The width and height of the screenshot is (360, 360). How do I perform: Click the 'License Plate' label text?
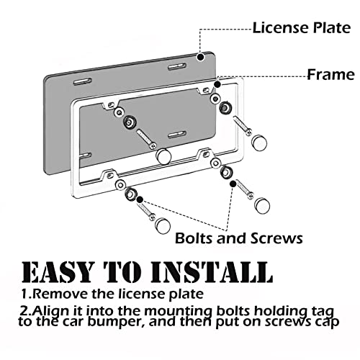coord(302,27)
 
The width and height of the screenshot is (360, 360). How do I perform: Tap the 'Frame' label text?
coord(331,74)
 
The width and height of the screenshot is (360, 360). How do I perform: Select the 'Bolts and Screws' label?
coord(239,238)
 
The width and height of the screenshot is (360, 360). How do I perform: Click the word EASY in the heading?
coord(57,272)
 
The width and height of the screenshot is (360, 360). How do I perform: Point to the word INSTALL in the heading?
coord(212,272)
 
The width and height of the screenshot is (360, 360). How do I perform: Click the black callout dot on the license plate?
coord(200,57)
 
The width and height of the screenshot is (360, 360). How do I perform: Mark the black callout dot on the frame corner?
coord(217,84)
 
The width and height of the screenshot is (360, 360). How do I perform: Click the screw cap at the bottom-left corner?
coord(163,225)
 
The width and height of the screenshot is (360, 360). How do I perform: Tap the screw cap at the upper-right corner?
coord(259,143)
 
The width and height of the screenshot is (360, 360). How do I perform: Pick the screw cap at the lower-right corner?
coord(262,205)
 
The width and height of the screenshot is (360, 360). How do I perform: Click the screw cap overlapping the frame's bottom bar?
coord(163,156)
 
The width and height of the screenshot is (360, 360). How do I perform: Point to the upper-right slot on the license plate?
coord(177,67)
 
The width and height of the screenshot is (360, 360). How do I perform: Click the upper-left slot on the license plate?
coord(83,81)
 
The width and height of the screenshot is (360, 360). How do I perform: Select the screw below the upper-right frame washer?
coord(243,126)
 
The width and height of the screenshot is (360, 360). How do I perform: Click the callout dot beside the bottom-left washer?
coord(140,199)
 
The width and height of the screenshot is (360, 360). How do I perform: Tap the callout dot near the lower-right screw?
coord(233,184)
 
